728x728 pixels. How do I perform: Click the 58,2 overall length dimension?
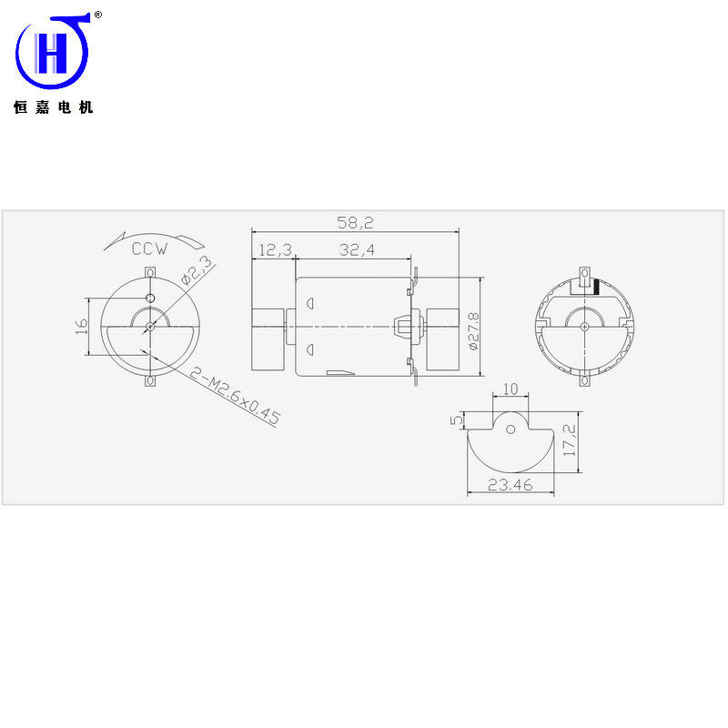point(355,223)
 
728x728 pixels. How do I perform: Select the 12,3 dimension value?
point(276,250)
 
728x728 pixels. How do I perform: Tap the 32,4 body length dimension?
point(357,249)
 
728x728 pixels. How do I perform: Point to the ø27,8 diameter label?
point(473,331)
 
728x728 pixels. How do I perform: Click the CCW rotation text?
point(149,248)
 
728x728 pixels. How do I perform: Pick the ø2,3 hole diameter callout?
point(197,269)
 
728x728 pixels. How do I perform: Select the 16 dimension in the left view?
point(81,326)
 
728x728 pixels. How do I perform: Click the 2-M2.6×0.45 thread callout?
point(235,396)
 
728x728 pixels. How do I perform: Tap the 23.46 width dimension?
point(510,485)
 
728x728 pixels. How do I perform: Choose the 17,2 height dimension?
point(570,440)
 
